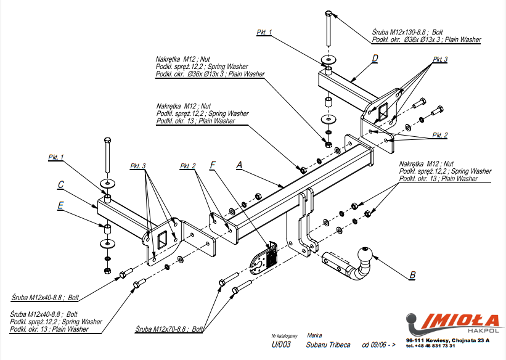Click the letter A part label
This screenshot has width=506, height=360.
tap(239, 165)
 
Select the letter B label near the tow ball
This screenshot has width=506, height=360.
tap(412, 275)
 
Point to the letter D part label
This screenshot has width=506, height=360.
tap(375, 59)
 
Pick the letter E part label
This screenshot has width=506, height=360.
tap(60, 207)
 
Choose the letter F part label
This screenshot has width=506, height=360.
tap(213, 165)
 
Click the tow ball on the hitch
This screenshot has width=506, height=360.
tap(365, 253)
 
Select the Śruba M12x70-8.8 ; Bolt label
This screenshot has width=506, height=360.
tap(171, 330)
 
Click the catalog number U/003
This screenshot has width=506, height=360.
tap(280, 345)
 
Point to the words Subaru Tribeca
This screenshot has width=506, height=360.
tap(327, 345)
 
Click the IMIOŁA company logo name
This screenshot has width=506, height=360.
tap(462, 321)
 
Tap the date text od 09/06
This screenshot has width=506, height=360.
tap(378, 345)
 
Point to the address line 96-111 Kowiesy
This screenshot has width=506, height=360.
tap(447, 340)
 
